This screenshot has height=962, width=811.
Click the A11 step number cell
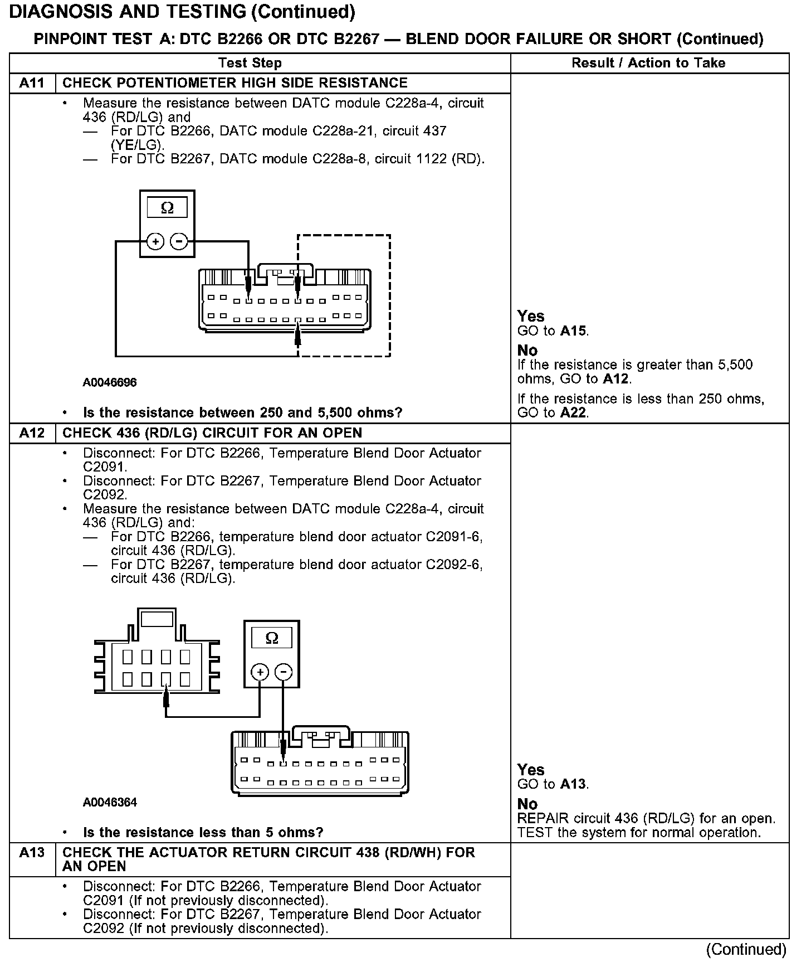(32, 83)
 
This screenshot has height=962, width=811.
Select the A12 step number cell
(32, 433)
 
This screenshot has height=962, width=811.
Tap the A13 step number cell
(32, 853)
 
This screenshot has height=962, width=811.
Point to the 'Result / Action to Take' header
(648, 63)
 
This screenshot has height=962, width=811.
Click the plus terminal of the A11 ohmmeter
(155, 242)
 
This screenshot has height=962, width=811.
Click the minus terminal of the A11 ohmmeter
(178, 242)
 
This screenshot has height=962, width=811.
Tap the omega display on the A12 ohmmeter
(272, 638)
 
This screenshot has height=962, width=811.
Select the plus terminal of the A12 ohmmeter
(260, 672)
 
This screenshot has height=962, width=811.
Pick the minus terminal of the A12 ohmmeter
(284, 672)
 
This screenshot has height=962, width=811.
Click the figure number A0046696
(110, 382)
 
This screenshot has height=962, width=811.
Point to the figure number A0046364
(110, 802)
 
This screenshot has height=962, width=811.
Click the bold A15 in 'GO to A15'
(573, 331)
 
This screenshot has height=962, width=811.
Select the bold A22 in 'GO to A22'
(573, 413)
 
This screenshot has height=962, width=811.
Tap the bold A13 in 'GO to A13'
(573, 784)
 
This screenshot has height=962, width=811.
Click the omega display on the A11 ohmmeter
(167, 208)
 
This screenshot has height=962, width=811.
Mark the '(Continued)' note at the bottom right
(746, 949)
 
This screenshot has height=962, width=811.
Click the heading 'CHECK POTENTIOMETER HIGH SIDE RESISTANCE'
(235, 83)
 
